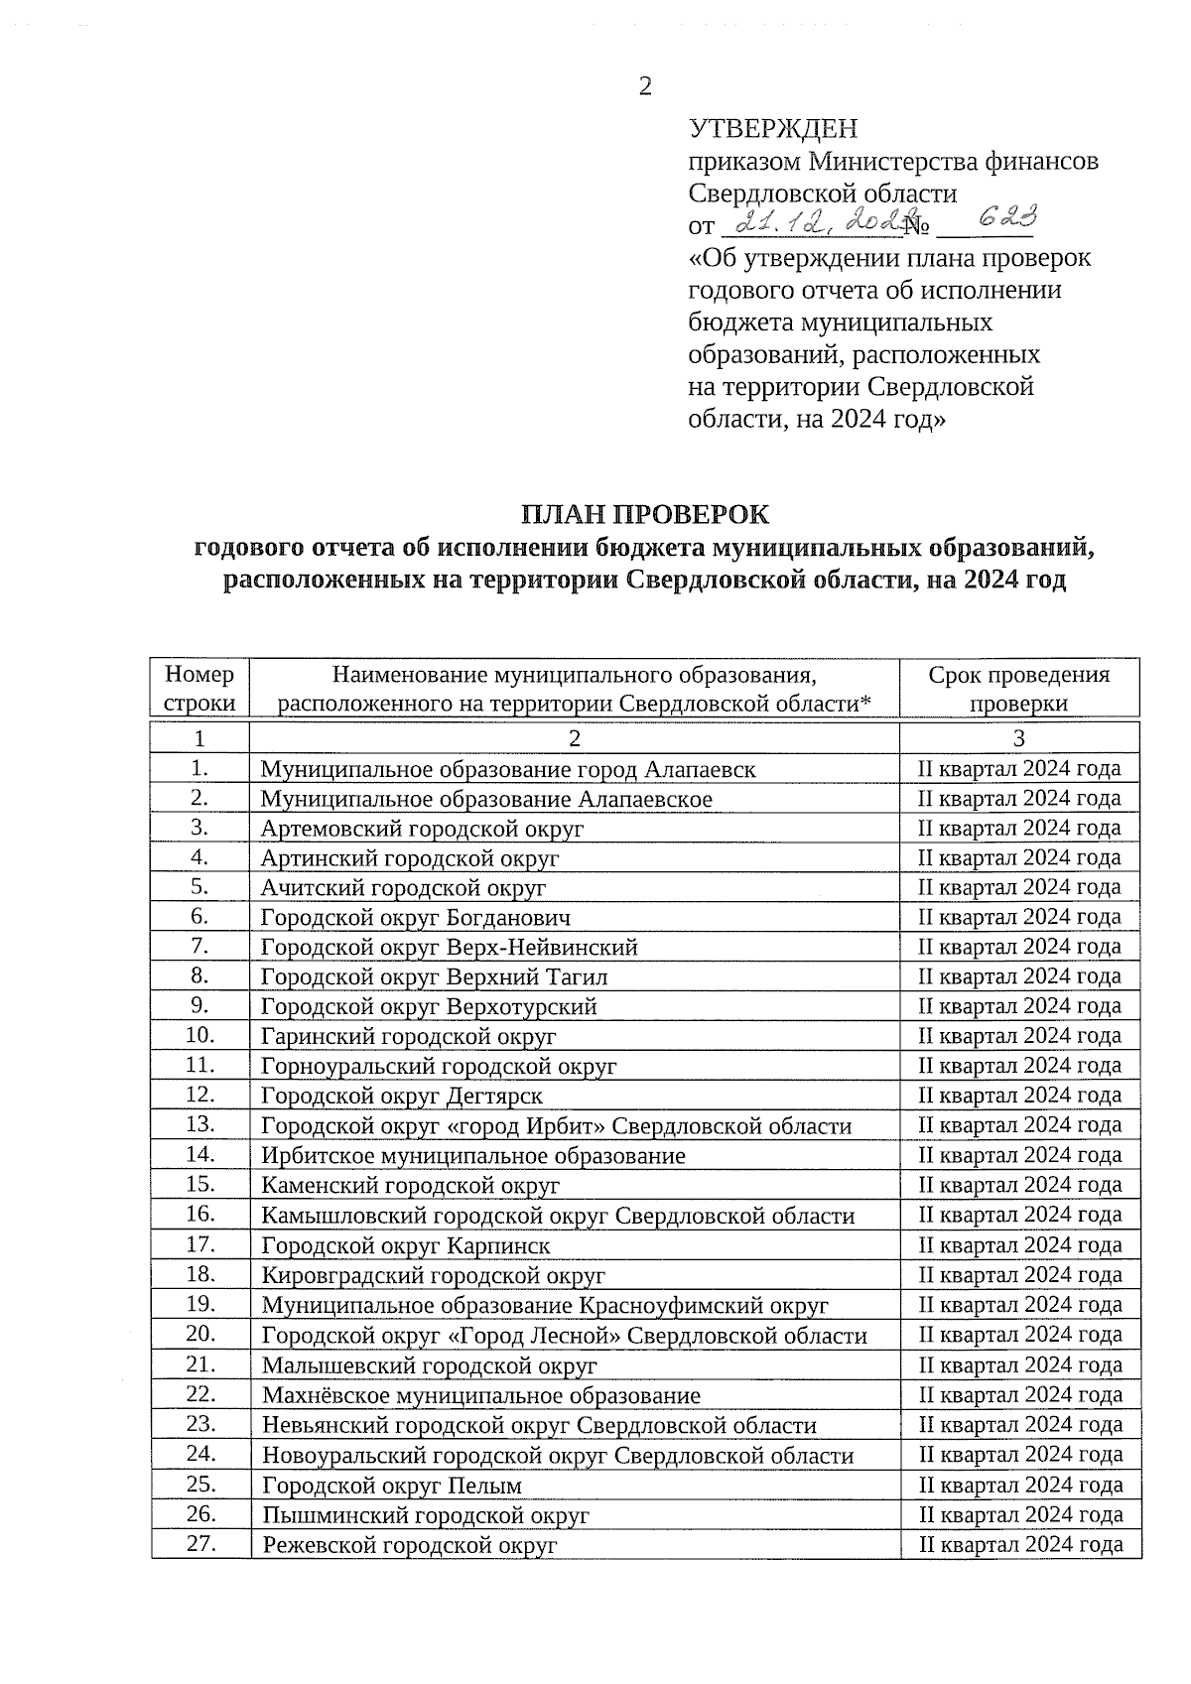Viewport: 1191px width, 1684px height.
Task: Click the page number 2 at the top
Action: (645, 86)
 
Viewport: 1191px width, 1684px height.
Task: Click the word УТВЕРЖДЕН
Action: (773, 129)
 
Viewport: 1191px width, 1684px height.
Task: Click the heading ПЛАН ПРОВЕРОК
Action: (645, 515)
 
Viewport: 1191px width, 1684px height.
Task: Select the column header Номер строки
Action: (200, 689)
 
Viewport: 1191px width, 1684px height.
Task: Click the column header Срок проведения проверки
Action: (1019, 689)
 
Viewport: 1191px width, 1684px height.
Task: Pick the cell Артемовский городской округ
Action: (422, 829)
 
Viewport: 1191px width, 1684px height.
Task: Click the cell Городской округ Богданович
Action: (416, 918)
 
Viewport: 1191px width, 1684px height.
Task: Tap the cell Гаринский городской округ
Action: (408, 1037)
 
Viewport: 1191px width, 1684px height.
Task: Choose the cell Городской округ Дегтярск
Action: (402, 1097)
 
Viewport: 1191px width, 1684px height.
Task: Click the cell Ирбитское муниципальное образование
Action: (473, 1156)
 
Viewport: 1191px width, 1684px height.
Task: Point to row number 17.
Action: (200, 1244)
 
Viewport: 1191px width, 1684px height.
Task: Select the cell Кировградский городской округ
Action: (433, 1276)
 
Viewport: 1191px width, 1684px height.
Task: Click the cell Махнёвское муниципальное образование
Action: (481, 1396)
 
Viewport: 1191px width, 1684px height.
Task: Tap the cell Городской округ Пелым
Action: (392, 1486)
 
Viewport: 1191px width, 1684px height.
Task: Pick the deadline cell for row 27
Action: (1020, 1544)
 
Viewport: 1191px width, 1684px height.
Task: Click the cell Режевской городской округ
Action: (409, 1545)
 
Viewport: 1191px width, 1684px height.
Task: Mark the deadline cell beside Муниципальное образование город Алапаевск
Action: (1020, 768)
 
